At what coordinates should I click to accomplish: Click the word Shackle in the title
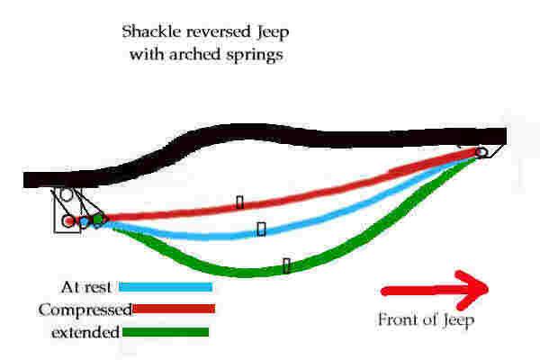click(x=151, y=31)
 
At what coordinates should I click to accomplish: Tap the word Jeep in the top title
click(x=273, y=32)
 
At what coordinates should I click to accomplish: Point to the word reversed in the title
click(x=219, y=31)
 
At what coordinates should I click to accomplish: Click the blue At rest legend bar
click(x=166, y=287)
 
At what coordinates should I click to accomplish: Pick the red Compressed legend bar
click(x=174, y=309)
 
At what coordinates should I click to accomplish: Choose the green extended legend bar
click(x=166, y=332)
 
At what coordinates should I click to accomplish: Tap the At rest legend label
click(x=86, y=287)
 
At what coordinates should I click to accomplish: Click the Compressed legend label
click(x=85, y=310)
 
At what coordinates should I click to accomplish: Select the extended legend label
click(x=85, y=332)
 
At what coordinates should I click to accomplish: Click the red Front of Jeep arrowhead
click(x=472, y=290)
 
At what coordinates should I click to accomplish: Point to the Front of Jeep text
click(x=426, y=320)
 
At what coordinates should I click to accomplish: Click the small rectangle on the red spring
click(x=240, y=202)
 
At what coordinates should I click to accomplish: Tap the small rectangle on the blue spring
click(x=261, y=229)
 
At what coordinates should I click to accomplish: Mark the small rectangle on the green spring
click(x=286, y=265)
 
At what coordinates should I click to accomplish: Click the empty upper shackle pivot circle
click(x=67, y=194)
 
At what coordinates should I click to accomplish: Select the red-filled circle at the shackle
click(x=69, y=220)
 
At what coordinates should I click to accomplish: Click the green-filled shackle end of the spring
click(x=98, y=219)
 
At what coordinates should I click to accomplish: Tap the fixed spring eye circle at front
click(x=481, y=152)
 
